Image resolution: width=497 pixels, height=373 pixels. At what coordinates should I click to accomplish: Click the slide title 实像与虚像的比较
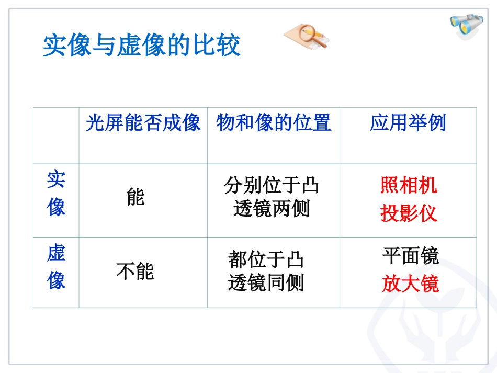click(x=141, y=46)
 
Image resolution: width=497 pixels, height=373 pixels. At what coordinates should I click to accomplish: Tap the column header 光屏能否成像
click(x=143, y=123)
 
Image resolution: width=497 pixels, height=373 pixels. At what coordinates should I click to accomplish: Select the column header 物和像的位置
click(x=274, y=123)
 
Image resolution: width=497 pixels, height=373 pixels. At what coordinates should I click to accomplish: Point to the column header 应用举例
click(x=408, y=123)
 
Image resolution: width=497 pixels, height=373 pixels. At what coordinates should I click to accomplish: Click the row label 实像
click(x=56, y=193)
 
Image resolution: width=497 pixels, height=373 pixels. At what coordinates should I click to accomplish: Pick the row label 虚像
click(x=56, y=266)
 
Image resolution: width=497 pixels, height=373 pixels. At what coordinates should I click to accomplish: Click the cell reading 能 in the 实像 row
click(x=135, y=197)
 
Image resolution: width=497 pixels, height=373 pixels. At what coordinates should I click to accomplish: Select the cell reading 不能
click(x=135, y=272)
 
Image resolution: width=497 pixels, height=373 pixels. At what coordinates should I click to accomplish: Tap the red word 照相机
click(x=409, y=185)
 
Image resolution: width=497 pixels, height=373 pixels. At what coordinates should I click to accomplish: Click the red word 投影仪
click(x=409, y=213)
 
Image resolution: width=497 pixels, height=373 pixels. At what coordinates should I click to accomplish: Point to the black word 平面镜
click(x=410, y=256)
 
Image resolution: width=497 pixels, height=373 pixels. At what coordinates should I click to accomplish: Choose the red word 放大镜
click(x=410, y=284)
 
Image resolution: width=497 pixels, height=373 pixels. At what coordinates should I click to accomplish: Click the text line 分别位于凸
click(x=272, y=185)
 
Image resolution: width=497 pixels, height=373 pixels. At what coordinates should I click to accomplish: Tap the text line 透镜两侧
click(x=272, y=209)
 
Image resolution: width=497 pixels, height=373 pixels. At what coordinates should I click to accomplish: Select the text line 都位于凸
click(x=266, y=259)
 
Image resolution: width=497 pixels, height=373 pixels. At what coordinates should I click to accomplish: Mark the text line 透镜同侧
click(x=266, y=283)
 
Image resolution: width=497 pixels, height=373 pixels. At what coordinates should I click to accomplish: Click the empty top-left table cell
click(x=56, y=135)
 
